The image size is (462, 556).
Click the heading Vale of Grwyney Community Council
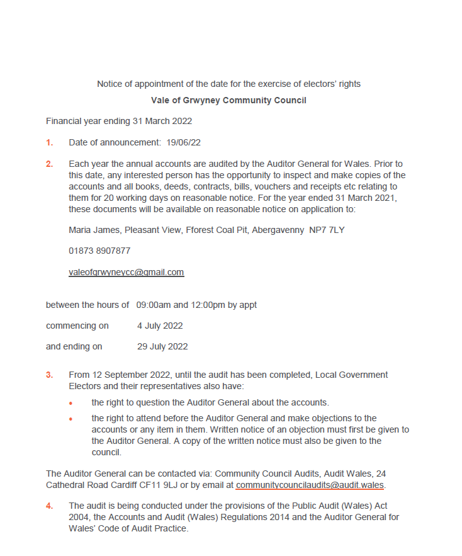click(x=228, y=100)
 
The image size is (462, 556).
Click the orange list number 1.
click(x=49, y=142)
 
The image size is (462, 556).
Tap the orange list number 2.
click(x=49, y=164)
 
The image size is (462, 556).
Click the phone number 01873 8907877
click(x=99, y=251)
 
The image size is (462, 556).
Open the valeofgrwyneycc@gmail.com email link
click(x=126, y=272)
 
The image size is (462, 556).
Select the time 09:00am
click(x=154, y=305)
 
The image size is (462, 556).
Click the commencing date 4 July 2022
click(x=160, y=326)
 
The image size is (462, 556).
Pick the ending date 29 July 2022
click(x=162, y=346)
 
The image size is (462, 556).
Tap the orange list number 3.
click(x=49, y=375)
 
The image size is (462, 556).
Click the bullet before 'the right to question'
click(x=72, y=403)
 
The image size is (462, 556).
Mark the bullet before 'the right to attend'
click(x=72, y=419)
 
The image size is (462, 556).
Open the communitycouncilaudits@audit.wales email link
click(x=310, y=485)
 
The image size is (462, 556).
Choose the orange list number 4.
click(x=49, y=506)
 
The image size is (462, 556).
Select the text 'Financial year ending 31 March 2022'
click(x=119, y=121)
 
